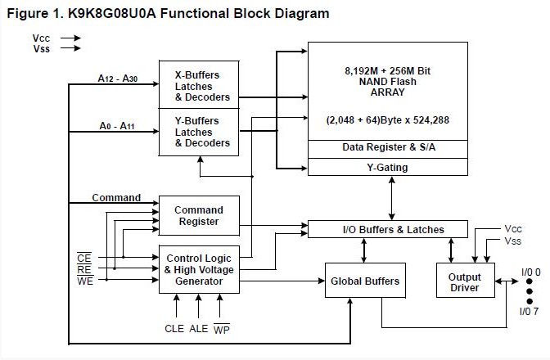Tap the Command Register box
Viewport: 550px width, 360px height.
point(199,215)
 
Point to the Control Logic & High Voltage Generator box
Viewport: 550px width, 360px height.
point(199,269)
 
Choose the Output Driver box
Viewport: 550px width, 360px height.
point(465,282)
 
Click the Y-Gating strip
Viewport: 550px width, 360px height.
point(387,167)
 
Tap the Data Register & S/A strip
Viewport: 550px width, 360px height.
point(387,147)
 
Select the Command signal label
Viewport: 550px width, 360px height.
point(116,198)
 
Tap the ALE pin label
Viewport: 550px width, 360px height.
point(199,329)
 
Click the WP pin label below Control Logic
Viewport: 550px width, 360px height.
point(221,329)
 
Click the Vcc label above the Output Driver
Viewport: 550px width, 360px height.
point(514,228)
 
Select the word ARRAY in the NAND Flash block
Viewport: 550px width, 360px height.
point(387,92)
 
